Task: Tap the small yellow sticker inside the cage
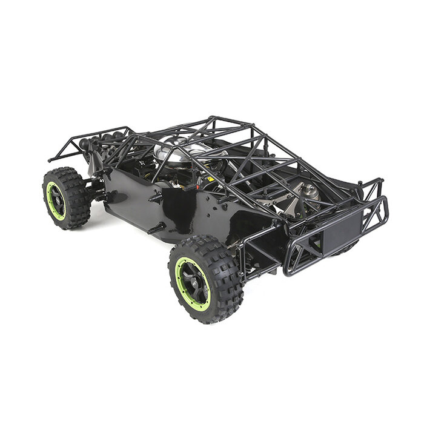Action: [x=210, y=181]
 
